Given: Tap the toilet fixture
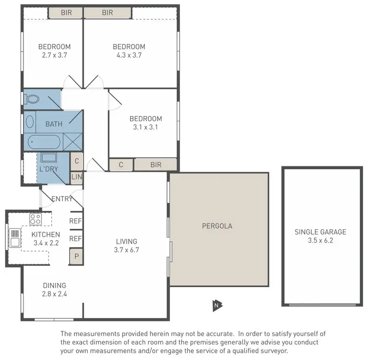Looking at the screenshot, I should click(32, 99).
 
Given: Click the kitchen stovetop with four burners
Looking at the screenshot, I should click(35, 218).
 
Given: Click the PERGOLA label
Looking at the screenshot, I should click(217, 226).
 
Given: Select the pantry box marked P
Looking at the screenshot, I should click(76, 256).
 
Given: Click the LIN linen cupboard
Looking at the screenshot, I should click(77, 177).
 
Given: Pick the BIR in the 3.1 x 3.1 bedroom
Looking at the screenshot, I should click(155, 165).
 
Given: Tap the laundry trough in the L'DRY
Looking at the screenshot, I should click(49, 157).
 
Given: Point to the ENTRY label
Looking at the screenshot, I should click(62, 199).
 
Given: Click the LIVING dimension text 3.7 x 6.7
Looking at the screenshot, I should click(126, 250).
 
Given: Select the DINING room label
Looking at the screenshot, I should click(54, 286).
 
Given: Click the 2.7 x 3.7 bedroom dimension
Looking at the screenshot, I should click(54, 55).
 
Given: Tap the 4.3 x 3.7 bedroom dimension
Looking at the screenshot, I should click(129, 55).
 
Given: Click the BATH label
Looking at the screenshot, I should click(54, 124).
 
